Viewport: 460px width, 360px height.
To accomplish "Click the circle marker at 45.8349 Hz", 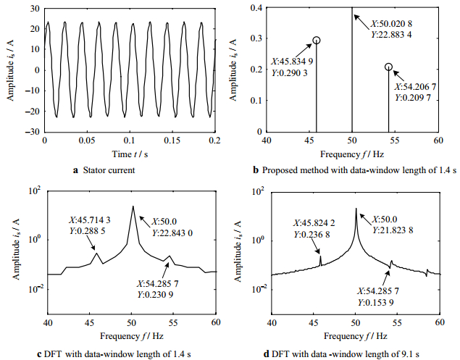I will pos(316,41).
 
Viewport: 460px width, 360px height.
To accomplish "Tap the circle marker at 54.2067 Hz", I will pos(388,67).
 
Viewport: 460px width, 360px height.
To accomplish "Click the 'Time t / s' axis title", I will pos(130,154).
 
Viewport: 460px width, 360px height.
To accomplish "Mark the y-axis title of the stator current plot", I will pos(10,70).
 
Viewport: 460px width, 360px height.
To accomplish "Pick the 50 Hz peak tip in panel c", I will pos(133,206).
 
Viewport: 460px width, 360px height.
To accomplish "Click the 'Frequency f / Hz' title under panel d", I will pos(356,335).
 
